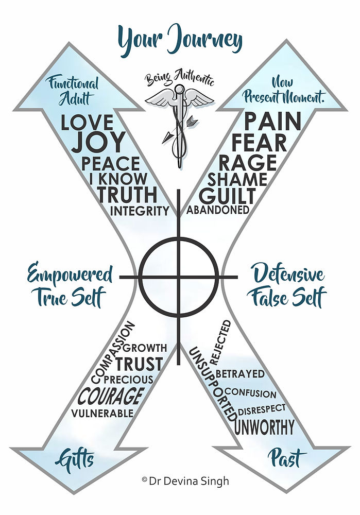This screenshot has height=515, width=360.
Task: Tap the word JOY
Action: click(x=98, y=142)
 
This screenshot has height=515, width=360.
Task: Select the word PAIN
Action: click(x=272, y=122)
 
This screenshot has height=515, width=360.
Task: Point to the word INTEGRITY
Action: click(x=140, y=211)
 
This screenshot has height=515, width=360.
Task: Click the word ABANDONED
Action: click(x=218, y=210)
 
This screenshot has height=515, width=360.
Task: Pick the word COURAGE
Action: click(x=110, y=397)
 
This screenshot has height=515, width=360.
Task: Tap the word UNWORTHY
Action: click(x=265, y=427)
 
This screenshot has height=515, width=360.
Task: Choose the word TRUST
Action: click(x=139, y=364)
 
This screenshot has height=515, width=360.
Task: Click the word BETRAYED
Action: click(x=240, y=373)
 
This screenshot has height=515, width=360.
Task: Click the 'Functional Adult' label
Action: click(x=73, y=90)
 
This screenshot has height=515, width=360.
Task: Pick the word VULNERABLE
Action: click(x=102, y=413)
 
